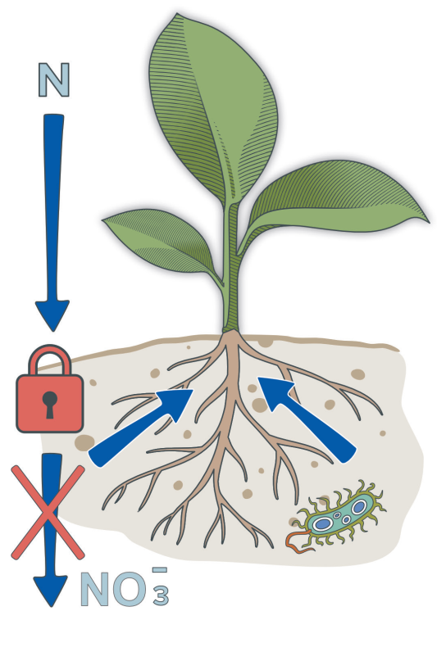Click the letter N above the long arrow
(x=54, y=80)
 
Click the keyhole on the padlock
(x=50, y=404)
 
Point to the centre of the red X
(x=48, y=512)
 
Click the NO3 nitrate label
(x=125, y=588)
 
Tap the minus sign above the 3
(x=160, y=570)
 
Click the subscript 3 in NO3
(x=161, y=595)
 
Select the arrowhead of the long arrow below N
(x=52, y=314)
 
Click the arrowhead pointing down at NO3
(x=51, y=590)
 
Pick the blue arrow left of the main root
(x=140, y=428)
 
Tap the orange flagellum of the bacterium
(x=298, y=541)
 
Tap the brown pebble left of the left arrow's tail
(x=84, y=442)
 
